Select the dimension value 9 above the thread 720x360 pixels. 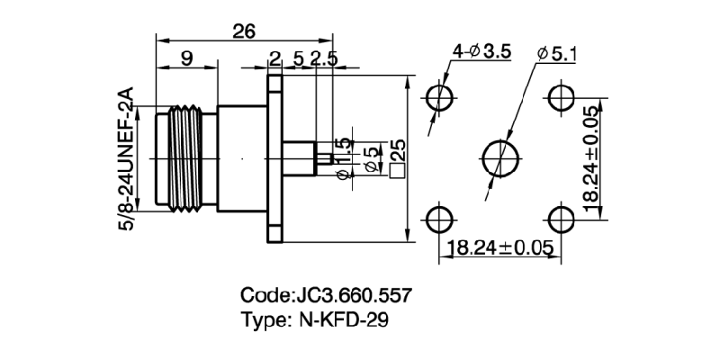186,59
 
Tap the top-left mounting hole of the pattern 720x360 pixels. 439,97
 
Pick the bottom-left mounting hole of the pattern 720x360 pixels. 439,219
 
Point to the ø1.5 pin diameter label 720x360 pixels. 343,158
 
